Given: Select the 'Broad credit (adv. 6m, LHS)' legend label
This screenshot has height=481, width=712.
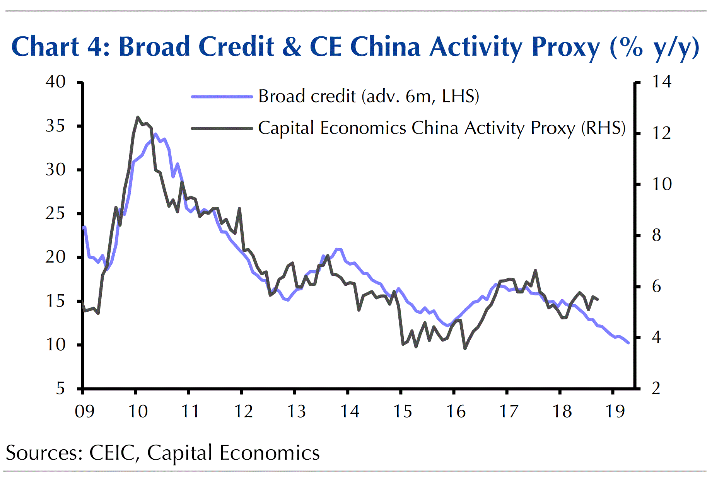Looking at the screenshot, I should coord(369,96).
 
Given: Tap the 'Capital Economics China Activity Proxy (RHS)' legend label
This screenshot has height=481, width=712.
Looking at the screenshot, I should coord(442,128).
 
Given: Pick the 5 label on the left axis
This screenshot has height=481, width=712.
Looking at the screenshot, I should coord(60,388).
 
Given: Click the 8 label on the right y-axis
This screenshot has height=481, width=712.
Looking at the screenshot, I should coord(657,235).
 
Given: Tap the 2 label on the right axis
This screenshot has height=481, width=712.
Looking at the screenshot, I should coord(656,388).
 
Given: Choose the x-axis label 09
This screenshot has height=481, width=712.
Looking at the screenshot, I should coord(84,411).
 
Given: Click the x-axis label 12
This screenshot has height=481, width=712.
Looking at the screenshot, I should coord(244,411).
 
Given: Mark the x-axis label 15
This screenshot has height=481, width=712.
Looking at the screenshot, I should coord(403,411).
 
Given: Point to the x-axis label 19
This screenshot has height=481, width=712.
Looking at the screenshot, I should coord(615,411).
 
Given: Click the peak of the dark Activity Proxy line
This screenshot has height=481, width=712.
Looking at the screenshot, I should coord(138,117).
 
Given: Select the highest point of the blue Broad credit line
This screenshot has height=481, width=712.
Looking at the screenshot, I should coord(155,134).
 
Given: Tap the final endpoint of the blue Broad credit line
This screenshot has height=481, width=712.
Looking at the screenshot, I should coord(628,343).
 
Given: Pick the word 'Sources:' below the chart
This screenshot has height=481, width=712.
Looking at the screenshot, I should coord(44,453).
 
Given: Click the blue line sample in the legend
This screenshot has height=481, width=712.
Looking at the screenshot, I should coord(222,96).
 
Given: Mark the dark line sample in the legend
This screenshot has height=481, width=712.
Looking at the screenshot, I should coord(222,128).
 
